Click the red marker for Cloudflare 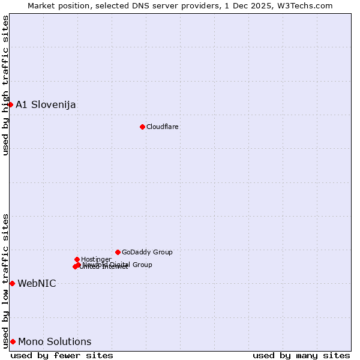point(142,127)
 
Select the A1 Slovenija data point point(10,104)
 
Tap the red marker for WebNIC point(12,283)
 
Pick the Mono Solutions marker point(13,341)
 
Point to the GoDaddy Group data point point(118,252)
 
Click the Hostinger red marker point(77,259)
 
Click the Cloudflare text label point(163,127)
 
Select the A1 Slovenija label point(46,105)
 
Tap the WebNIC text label point(37,284)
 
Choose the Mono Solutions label point(55,342)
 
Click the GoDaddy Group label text point(147,253)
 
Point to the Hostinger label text point(96,259)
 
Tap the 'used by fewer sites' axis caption point(62,355)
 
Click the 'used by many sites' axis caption point(301,355)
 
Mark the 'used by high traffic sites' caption point(6,85)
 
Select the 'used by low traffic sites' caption point(6,281)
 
